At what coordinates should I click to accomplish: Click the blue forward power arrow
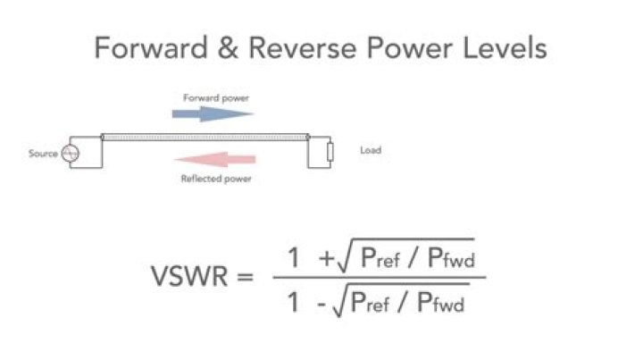pyautogui.click(x=213, y=113)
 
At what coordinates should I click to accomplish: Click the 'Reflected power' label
pyautogui.click(x=215, y=179)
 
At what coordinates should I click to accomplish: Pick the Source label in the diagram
pyautogui.click(x=42, y=154)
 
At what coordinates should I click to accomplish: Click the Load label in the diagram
pyautogui.click(x=370, y=151)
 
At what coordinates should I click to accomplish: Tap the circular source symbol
pyautogui.click(x=69, y=154)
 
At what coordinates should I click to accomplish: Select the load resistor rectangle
pyautogui.click(x=330, y=153)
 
